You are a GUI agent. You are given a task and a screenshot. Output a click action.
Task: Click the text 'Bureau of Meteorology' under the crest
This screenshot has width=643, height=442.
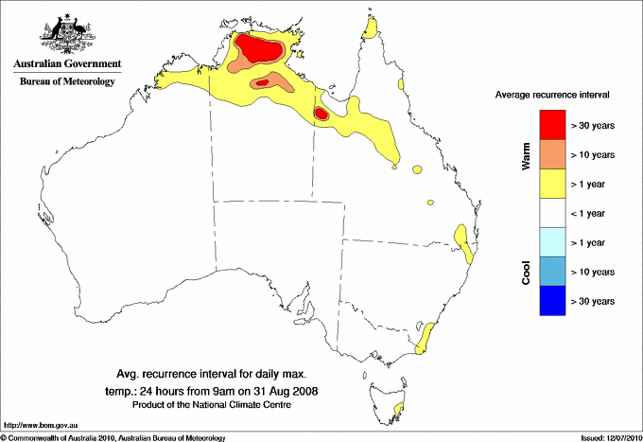(67, 82)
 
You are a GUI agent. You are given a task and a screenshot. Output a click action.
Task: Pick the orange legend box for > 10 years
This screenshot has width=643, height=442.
(552, 154)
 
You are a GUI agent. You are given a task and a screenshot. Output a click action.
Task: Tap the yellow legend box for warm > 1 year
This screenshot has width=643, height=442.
(552, 184)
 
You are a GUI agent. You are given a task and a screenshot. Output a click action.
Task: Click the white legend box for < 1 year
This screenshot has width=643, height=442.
(552, 213)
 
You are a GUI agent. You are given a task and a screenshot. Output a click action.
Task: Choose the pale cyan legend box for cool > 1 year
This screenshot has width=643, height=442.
(552, 242)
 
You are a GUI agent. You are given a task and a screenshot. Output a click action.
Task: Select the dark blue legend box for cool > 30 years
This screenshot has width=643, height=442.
(552, 301)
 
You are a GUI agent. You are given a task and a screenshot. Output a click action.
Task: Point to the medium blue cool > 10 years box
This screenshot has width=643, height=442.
(552, 272)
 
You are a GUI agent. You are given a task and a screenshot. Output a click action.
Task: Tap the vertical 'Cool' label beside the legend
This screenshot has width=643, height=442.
(527, 272)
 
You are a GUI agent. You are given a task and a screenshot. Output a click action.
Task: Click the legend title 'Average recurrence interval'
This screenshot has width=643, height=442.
(552, 96)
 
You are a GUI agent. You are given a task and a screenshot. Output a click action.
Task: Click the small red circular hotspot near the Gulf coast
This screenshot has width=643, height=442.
(321, 114)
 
